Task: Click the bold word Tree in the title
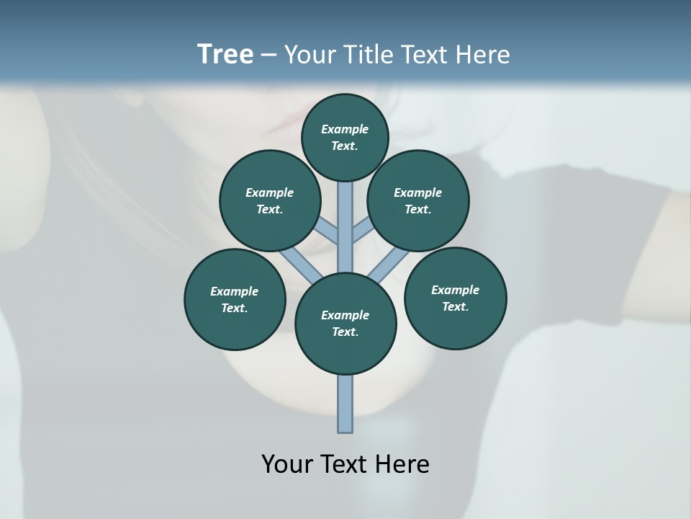click(x=225, y=55)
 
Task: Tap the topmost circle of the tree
click(x=345, y=137)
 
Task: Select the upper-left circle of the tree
click(x=270, y=201)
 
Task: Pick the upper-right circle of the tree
click(x=418, y=201)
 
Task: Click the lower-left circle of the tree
click(x=235, y=300)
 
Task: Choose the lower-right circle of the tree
click(x=455, y=298)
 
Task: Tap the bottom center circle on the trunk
click(x=345, y=324)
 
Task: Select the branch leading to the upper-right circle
click(x=363, y=231)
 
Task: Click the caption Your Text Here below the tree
click(x=345, y=464)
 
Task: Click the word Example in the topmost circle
click(x=345, y=129)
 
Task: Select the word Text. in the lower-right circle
click(x=455, y=306)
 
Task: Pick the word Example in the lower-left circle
click(x=235, y=291)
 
